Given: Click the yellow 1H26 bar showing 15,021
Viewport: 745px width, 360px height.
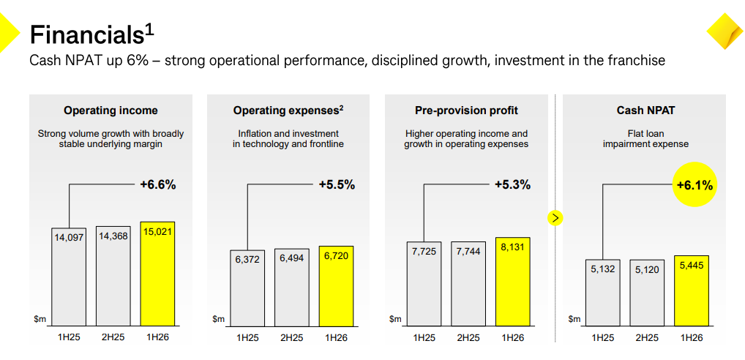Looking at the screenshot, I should point(157,274).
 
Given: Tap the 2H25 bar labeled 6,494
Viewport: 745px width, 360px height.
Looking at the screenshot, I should point(292,287).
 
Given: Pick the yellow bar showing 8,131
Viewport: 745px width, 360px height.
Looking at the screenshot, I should point(512,281).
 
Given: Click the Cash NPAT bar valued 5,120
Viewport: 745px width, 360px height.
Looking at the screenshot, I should point(647,293).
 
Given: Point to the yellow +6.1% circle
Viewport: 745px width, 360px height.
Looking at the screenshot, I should point(694,185).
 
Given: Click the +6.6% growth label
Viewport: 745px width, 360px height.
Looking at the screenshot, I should point(157,185).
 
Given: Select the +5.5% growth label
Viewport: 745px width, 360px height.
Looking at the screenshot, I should point(336,185).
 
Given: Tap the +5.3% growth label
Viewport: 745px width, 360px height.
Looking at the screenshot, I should point(512,185).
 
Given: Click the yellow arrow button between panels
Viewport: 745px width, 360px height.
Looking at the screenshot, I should point(555,217).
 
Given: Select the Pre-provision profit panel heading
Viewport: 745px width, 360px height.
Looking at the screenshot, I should point(465,110).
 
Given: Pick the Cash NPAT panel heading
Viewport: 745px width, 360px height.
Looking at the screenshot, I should point(645,110).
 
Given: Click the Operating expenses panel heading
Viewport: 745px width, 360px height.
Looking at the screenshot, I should point(288,110).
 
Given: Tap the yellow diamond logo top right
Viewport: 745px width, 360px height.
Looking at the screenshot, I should point(725,31).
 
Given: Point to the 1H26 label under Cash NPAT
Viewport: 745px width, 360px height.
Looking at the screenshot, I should point(691,337).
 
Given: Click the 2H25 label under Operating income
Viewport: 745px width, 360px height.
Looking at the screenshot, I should point(113,337).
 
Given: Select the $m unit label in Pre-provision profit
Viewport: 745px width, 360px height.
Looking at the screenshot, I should point(395,319).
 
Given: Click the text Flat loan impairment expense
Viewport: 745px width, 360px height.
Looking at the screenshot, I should point(645,139).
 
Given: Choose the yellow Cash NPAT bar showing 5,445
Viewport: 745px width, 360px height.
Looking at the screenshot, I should point(692,292).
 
